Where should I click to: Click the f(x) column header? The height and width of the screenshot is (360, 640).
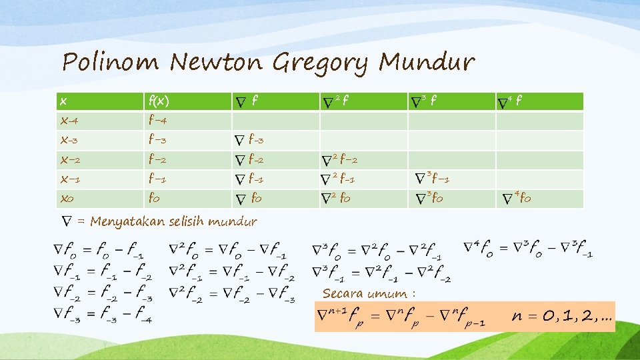click(159, 101)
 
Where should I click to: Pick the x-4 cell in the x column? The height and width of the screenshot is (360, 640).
click(67, 121)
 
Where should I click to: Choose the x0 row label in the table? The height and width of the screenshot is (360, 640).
click(66, 199)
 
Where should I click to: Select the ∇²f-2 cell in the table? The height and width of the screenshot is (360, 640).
click(339, 160)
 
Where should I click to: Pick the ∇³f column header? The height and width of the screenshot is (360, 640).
click(425, 101)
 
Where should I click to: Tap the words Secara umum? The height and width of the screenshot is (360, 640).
click(369, 293)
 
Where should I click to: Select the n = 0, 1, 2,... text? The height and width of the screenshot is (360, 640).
click(562, 316)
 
